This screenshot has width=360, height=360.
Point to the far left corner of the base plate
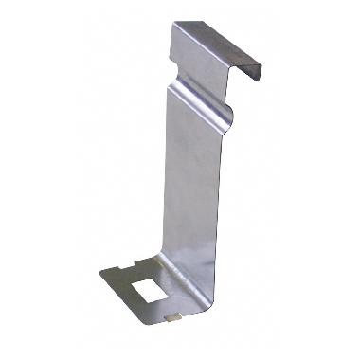101,276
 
